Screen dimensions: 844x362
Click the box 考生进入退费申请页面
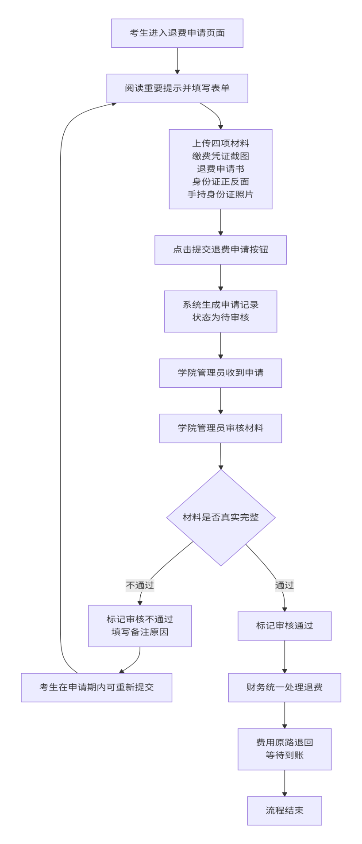click(177, 33)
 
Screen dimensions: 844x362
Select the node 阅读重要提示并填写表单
click(177, 88)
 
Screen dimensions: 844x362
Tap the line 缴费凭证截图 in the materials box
click(220, 156)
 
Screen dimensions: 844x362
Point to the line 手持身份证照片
click(220, 194)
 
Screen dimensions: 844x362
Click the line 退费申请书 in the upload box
click(220, 169)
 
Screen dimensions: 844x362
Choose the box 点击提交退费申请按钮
click(220, 250)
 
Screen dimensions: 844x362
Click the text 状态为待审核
click(220, 317)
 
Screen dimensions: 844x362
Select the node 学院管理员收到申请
click(220, 373)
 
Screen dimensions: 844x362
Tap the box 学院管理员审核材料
click(220, 428)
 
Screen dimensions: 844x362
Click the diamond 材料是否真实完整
click(220, 517)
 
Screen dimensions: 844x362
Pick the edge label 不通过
click(140, 585)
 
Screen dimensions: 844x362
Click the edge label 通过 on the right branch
click(285, 585)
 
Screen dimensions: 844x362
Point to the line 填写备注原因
click(140, 632)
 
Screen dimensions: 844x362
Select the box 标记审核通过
click(285, 626)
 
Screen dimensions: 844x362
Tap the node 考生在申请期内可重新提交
click(96, 687)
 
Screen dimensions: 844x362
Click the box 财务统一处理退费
click(285, 687)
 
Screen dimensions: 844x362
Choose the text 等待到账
click(285, 755)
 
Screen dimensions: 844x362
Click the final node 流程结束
click(285, 810)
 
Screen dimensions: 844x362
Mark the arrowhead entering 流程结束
click(285, 794)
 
